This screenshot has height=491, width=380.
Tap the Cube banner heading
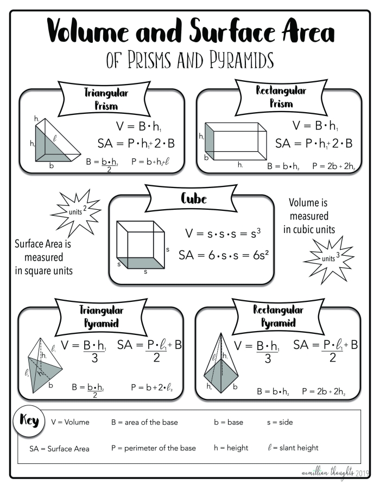[194, 198]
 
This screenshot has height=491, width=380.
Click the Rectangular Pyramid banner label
[278, 316]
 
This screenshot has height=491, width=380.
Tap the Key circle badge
[29, 420]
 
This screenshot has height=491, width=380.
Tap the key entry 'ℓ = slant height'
[293, 448]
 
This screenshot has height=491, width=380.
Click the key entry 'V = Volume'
[70, 422]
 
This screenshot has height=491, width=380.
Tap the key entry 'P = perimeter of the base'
[154, 448]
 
